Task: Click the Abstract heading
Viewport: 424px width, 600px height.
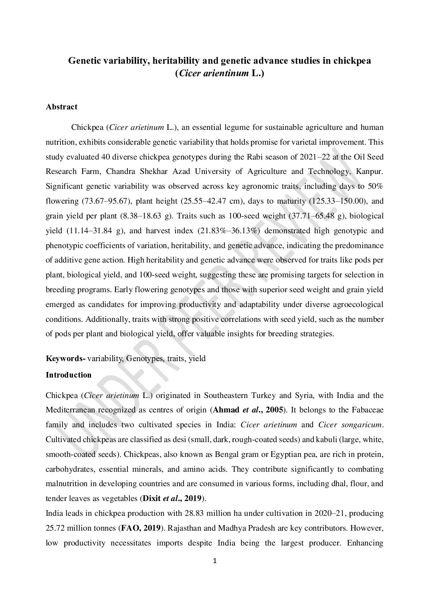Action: (x=61, y=107)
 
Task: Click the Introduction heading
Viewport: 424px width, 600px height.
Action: (x=69, y=375)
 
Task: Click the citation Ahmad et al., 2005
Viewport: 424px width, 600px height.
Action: (x=249, y=409)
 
